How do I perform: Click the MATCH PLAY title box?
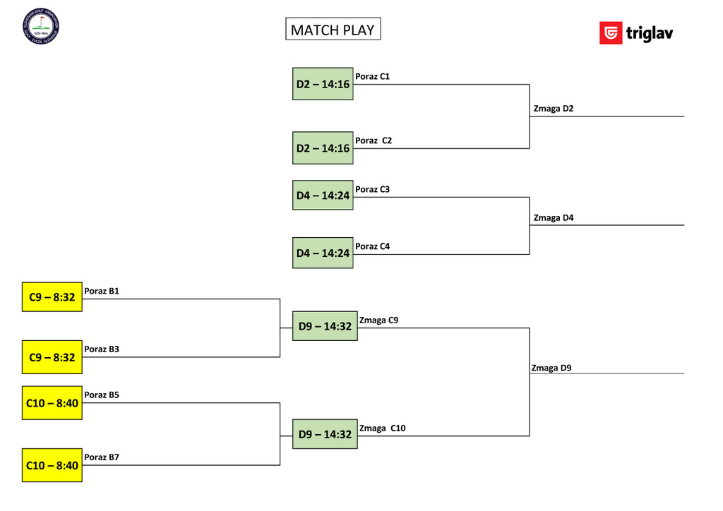coord(333,29)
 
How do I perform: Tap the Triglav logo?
coord(636,33)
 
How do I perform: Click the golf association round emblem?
coord(41,26)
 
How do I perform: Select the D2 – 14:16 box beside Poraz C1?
coord(323,84)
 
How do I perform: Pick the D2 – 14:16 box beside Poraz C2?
coord(323,148)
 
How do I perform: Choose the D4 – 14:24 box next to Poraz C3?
coord(323,196)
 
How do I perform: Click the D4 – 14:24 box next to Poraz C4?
coord(323,253)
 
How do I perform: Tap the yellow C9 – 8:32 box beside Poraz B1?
coord(52,298)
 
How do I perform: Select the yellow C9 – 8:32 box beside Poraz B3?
coord(52,357)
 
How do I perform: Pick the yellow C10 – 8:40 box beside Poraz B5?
coord(52,403)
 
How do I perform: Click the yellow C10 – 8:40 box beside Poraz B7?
coord(52,465)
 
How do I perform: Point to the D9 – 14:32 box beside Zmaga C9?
coord(325,326)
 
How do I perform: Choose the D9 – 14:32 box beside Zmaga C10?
coord(325,434)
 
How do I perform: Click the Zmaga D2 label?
coord(554,109)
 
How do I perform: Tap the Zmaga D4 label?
coord(554,218)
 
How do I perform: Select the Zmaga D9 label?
coord(551,368)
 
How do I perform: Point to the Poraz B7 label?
coord(102,457)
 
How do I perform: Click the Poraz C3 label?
coord(372,189)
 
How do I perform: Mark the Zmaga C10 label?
coord(382,428)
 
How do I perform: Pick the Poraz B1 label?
coord(102,291)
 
